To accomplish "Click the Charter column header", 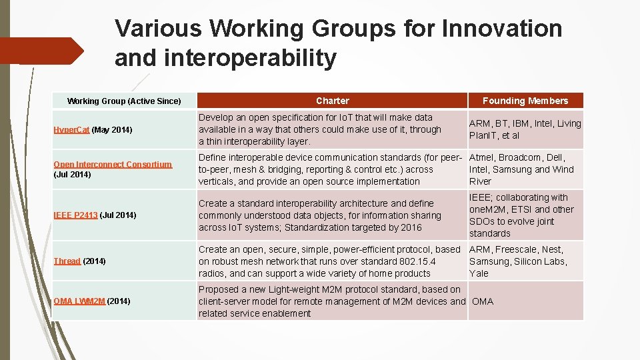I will (332, 101).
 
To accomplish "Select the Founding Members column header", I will (525, 101).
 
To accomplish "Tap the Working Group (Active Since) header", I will (124, 101).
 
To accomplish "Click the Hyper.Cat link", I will (71, 129).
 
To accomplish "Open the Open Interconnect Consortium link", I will (113, 164).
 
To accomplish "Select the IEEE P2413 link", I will (75, 215).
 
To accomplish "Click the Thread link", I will (67, 261).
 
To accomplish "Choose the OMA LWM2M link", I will (79, 301).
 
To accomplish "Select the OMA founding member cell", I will (483, 301).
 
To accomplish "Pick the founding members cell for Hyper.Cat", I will (525, 129).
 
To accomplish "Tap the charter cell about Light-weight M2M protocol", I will (331, 301).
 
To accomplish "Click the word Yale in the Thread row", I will (479, 273).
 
